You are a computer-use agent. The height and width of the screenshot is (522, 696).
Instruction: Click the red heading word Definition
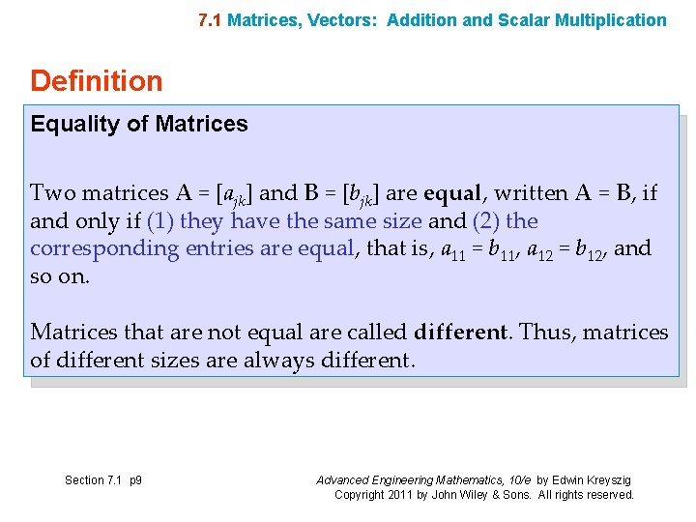(x=97, y=81)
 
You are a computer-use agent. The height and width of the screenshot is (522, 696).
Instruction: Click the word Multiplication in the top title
(x=611, y=20)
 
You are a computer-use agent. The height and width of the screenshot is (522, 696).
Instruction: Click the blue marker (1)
(x=159, y=221)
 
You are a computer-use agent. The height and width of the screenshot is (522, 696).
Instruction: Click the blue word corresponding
(x=104, y=249)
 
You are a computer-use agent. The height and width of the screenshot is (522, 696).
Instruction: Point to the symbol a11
(x=454, y=250)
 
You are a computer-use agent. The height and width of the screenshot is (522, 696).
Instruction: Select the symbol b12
(x=589, y=250)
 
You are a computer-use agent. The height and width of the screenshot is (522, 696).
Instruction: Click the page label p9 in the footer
(x=134, y=480)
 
